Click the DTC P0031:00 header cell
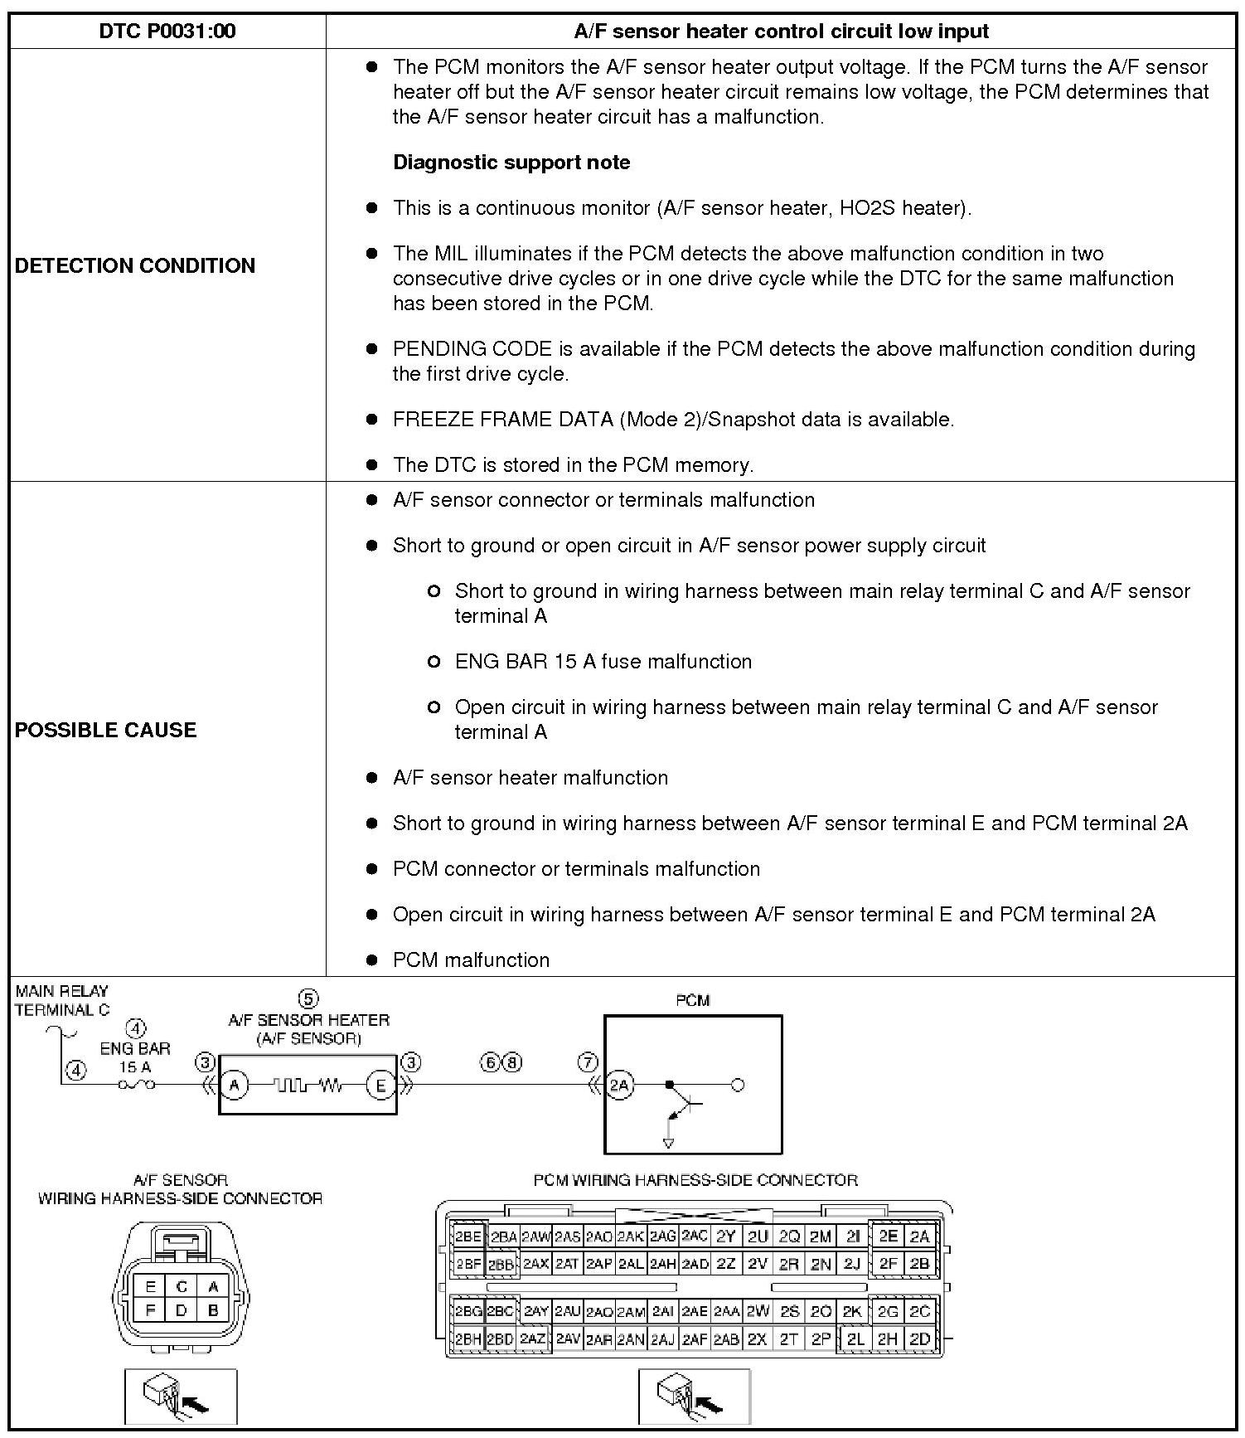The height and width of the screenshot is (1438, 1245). coord(167,32)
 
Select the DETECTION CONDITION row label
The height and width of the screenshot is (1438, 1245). coord(135,265)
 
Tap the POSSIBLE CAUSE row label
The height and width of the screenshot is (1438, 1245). coord(106,730)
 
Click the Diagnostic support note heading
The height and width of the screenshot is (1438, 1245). coord(511,163)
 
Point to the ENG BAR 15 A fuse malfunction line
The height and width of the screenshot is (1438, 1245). coord(603,662)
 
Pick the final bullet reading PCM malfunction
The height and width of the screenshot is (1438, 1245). coord(471,960)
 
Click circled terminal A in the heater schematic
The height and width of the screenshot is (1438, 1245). coord(235,1085)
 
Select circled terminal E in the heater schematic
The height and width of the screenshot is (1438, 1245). coord(381,1085)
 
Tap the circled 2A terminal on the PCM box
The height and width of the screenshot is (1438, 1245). coord(620,1085)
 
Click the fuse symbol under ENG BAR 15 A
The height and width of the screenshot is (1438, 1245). coord(137,1085)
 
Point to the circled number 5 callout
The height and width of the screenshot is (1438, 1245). coord(308,998)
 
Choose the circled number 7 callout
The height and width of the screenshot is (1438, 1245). coord(588,1062)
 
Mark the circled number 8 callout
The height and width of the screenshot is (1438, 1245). coord(513,1062)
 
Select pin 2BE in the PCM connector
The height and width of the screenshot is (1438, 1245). coord(468,1236)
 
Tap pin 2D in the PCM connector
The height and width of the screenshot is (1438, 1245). coord(920,1338)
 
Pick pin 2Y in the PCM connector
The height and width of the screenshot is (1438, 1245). coord(726,1236)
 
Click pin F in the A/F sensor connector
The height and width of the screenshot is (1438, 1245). coord(151,1311)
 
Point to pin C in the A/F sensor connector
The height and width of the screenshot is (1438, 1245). coord(182,1287)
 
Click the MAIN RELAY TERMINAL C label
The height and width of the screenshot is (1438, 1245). coord(62,1000)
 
